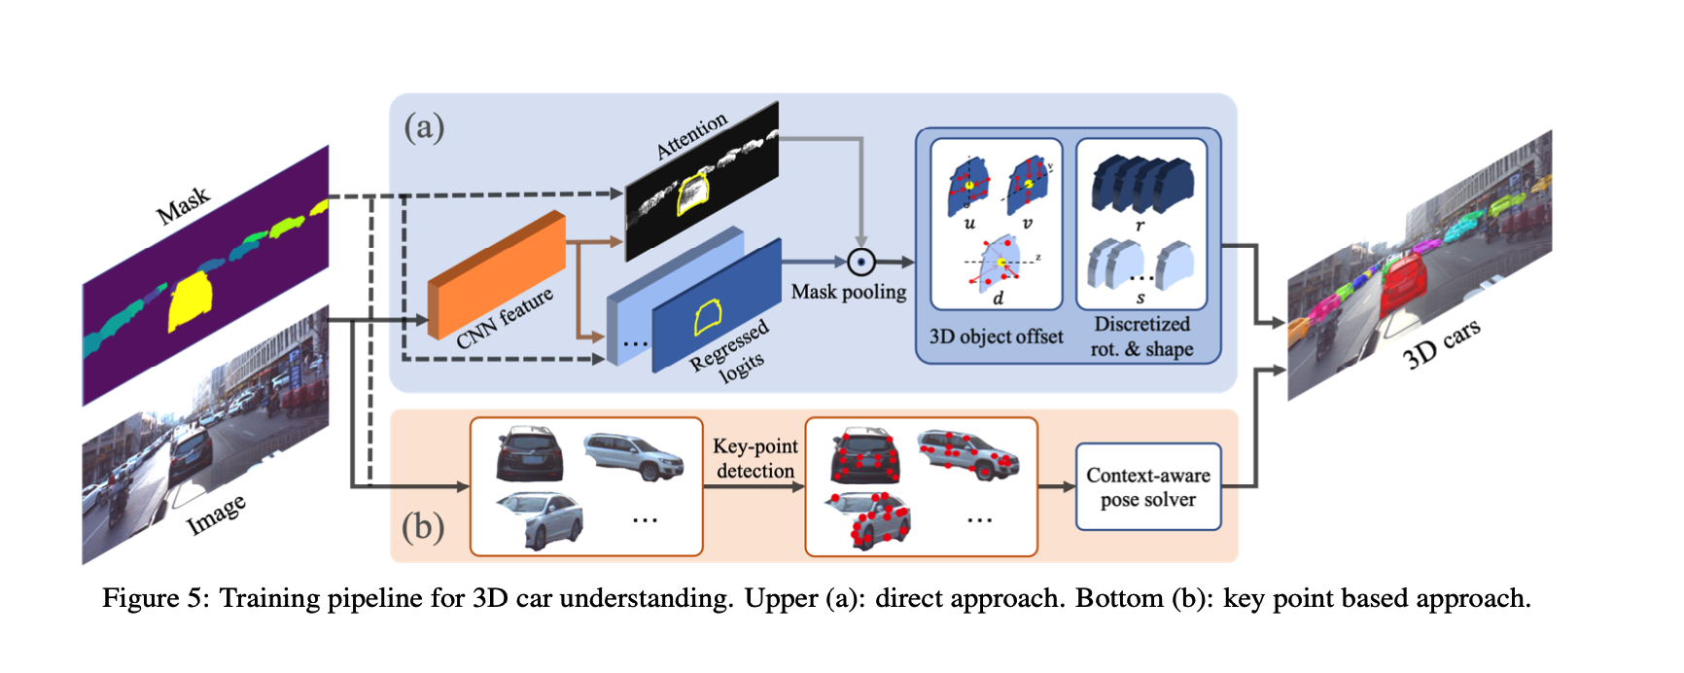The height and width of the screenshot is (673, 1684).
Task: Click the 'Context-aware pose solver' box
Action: [x=1147, y=487]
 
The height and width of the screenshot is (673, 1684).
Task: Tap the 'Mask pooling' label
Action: [x=848, y=292]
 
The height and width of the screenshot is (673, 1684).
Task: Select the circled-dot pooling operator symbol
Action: [x=861, y=262]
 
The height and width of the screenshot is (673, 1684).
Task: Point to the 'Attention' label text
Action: [x=691, y=135]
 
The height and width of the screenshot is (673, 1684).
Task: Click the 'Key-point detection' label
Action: [x=755, y=458]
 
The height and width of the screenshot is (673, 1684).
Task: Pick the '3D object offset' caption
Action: [x=996, y=336]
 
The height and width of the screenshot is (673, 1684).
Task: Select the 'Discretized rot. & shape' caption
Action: [x=1141, y=336]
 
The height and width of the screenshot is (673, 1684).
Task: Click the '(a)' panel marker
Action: [x=424, y=126]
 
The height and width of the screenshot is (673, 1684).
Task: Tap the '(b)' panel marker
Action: [x=423, y=526]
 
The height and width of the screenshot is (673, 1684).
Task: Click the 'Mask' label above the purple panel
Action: [x=183, y=204]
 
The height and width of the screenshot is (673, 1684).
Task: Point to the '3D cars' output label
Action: [x=1441, y=343]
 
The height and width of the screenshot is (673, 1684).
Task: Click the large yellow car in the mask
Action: [x=191, y=300]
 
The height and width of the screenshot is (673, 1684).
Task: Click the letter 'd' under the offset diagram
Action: [x=998, y=299]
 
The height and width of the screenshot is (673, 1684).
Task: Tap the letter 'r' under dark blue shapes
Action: [x=1140, y=226]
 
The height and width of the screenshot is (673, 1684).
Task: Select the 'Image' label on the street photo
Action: [x=216, y=514]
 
